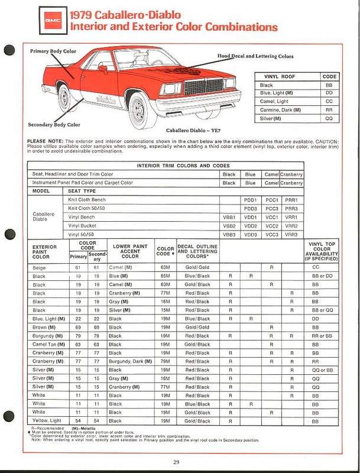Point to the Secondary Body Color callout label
click(x=54, y=125)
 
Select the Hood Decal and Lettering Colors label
click(x=255, y=56)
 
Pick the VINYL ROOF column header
click(x=278, y=76)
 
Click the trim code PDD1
click(x=250, y=200)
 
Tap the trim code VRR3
click(x=291, y=235)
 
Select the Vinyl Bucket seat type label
click(x=82, y=226)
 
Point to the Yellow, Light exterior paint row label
click(x=47, y=420)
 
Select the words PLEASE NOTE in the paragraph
click(x=45, y=141)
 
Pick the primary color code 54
click(x=76, y=420)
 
